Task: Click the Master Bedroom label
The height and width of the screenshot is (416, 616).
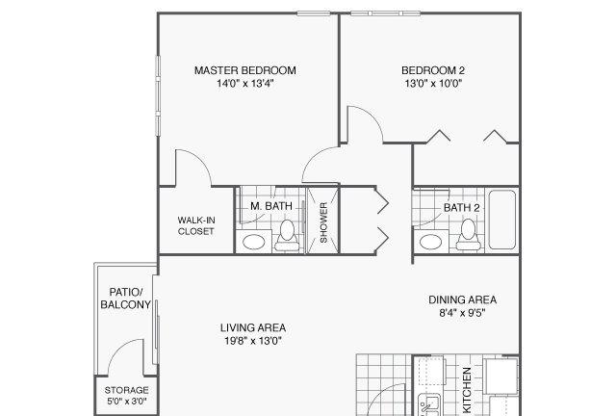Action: [x=245, y=70]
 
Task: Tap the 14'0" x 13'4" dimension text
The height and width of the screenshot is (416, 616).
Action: [x=245, y=84]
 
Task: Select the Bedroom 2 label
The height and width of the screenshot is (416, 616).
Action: [x=433, y=70]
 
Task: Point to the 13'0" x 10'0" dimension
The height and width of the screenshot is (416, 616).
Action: [x=433, y=84]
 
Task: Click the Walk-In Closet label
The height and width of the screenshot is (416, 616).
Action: [x=196, y=225]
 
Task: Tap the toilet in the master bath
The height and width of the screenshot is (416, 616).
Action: [x=287, y=235]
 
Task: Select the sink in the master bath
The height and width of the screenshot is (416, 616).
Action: [x=253, y=242]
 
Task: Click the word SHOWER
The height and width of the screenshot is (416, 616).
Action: [x=323, y=222]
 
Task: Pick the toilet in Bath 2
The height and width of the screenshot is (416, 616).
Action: [x=468, y=235]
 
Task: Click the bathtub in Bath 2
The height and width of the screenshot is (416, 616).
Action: [x=502, y=220]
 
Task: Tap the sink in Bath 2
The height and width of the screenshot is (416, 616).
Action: [x=430, y=242]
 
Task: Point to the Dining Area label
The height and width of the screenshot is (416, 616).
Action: [x=462, y=300]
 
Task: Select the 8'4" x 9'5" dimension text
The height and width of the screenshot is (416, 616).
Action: [x=462, y=313]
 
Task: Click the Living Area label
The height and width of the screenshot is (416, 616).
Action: [x=253, y=327]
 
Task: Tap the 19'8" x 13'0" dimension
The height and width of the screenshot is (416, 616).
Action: [x=253, y=341]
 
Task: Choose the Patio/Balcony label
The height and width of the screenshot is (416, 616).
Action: [x=126, y=299]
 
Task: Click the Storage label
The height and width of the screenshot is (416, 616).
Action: [x=126, y=390]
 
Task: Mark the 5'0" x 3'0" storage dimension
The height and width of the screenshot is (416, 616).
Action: [x=126, y=402]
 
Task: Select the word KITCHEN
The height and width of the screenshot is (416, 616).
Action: [x=467, y=390]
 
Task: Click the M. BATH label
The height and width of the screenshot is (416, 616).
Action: [x=271, y=206]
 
